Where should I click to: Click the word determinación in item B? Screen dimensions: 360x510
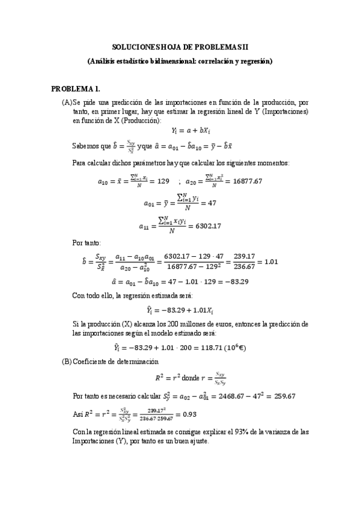[135, 361]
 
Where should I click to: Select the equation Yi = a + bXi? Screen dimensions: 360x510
[180, 129]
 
